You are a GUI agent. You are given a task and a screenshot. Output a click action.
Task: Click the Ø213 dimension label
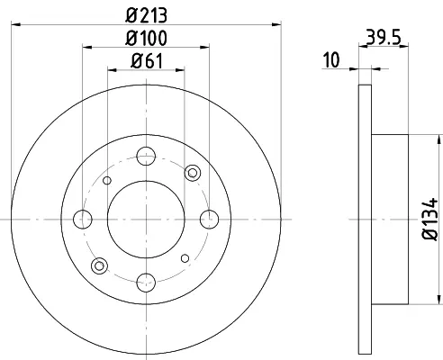click(x=146, y=15)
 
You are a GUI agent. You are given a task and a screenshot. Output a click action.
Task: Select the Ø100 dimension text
click(x=146, y=38)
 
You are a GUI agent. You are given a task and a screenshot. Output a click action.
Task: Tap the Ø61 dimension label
click(x=147, y=61)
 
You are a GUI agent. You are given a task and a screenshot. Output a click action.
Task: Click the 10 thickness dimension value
click(x=331, y=59)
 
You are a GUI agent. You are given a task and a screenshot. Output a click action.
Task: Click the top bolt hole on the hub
click(x=146, y=156)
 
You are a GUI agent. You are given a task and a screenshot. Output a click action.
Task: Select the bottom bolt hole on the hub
click(x=146, y=283)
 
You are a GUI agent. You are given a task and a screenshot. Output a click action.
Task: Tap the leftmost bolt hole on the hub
click(x=83, y=220)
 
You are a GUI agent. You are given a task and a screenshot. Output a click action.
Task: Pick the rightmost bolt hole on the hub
click(x=209, y=220)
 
